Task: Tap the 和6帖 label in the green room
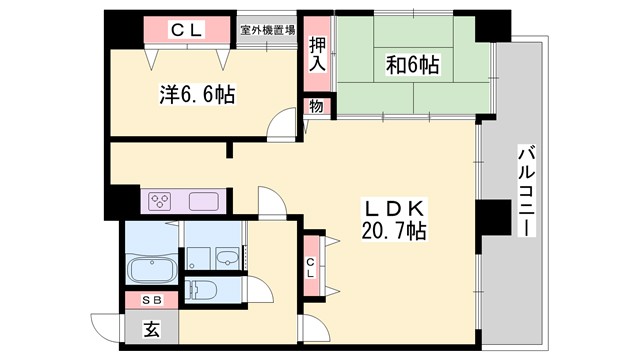point(412,66)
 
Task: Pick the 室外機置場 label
point(267,30)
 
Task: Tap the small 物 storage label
point(315,106)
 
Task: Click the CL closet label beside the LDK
point(311,266)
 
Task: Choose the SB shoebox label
point(150,300)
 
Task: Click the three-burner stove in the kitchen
point(162,201)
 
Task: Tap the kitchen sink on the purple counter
point(201,200)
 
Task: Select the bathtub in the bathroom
point(152,270)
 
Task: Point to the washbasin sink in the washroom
point(230,258)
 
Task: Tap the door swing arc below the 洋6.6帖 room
point(284,126)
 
